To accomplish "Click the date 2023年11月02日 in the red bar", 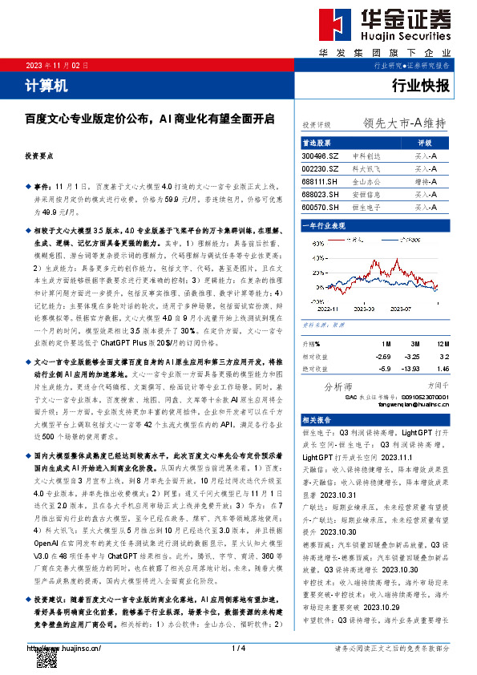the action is click(x=58, y=65).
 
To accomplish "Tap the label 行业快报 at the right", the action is click(x=421, y=85).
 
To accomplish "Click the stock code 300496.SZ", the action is click(x=320, y=156).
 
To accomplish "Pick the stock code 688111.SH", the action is click(x=320, y=181).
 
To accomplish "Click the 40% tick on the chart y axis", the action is click(x=308, y=241).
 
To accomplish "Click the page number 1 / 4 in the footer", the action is click(x=238, y=648).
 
